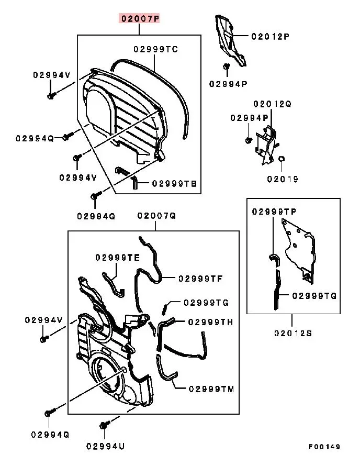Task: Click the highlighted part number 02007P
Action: pyautogui.click(x=139, y=19)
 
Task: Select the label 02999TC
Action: pyautogui.click(x=155, y=49)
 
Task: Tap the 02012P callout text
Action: pyautogui.click(x=270, y=36)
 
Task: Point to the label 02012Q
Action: pyautogui.click(x=273, y=104)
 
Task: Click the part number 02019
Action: pyautogui.click(x=283, y=179)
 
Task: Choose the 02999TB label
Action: pyautogui.click(x=174, y=184)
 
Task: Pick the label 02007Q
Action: pyautogui.click(x=156, y=216)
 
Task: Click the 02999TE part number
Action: pyautogui.click(x=117, y=258)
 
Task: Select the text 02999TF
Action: pyautogui.click(x=200, y=278)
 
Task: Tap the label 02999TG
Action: pyautogui.click(x=206, y=303)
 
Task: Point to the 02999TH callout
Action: pyautogui.click(x=210, y=322)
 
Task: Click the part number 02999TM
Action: pyautogui.click(x=211, y=389)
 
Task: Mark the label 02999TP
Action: pyautogui.click(x=274, y=212)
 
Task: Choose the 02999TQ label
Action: pyautogui.click(x=314, y=296)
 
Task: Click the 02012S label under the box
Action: pyautogui.click(x=293, y=333)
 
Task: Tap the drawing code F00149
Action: pyautogui.click(x=324, y=447)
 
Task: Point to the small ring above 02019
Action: pyautogui.click(x=281, y=159)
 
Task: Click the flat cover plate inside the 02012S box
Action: pyautogui.click(x=298, y=246)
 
